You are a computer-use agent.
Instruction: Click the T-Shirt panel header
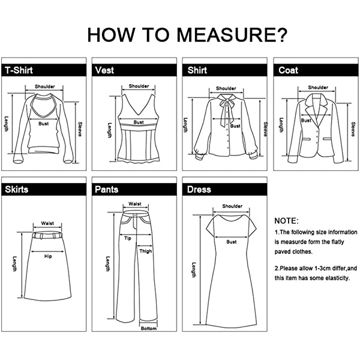pos(44,70)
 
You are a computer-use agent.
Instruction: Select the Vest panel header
pos(134,70)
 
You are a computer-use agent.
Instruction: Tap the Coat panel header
pos(316,70)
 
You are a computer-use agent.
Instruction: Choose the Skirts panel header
pos(44,190)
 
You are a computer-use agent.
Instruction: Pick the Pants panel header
pos(134,190)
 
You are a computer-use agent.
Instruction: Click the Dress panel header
pos(225,190)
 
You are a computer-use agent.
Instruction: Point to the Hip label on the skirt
pos(48,256)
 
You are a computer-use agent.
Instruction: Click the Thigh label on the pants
pos(146,251)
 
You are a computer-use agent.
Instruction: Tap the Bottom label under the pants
pos(149,329)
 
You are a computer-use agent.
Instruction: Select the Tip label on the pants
pos(128,238)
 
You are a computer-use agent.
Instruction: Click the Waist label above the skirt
pos(47,223)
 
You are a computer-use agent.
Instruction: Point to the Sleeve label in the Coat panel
pos(353,129)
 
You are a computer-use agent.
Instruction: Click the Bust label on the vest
pos(139,122)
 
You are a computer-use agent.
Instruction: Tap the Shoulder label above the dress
pos(232,206)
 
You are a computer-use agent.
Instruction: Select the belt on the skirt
pos(47,235)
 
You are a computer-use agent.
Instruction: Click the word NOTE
pos(287,221)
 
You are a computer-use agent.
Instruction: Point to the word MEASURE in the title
pos(232,35)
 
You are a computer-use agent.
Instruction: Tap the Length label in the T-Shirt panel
pos(6,124)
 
